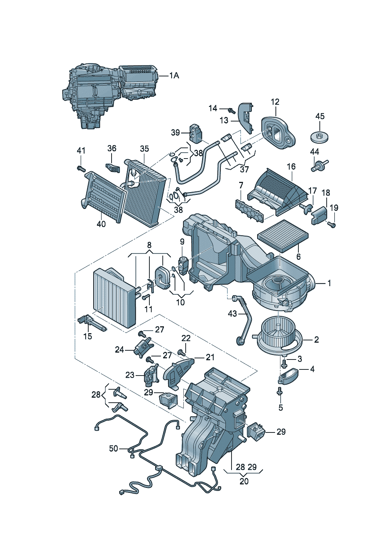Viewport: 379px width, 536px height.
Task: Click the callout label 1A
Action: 174,76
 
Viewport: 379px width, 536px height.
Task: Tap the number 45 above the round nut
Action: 320,116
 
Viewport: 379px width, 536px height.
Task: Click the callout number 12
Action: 275,102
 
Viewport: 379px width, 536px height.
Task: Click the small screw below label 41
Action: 81,169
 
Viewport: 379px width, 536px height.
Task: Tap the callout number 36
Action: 112,148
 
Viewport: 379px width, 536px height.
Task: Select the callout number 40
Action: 101,224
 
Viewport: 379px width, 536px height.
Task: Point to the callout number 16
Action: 291,167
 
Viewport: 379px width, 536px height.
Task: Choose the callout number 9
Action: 182,242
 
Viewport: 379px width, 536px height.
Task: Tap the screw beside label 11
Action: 145,298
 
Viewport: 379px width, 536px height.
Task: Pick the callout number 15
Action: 88,336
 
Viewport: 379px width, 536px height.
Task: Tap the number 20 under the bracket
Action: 244,481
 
